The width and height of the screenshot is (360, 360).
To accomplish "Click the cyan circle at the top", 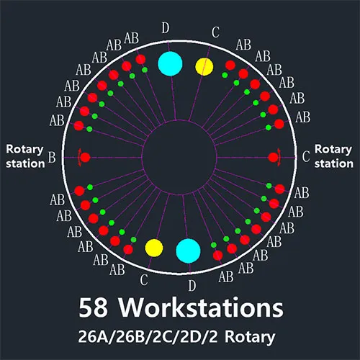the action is [170, 64].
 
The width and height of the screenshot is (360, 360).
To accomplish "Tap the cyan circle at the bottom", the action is [188, 251].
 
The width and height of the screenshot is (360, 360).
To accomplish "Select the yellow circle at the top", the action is [204, 67].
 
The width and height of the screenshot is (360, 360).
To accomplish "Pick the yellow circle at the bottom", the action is [154, 248].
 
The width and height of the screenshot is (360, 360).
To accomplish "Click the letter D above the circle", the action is [166, 28].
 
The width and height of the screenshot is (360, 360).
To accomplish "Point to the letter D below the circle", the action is [192, 286].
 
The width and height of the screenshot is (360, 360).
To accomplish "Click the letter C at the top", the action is [215, 32].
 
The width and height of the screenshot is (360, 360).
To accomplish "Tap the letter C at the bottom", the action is [144, 279].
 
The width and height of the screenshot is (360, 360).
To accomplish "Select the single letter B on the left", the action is [52, 157].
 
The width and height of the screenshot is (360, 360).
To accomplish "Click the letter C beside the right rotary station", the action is [305, 156].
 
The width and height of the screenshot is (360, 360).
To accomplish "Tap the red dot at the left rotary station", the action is [85, 158].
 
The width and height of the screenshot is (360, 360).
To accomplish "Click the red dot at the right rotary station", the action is [274, 158].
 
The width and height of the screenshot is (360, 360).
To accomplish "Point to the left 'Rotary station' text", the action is [25, 156].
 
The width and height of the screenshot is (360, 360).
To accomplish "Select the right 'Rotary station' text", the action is [333, 156].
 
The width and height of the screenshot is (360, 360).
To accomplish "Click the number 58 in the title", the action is [93, 307].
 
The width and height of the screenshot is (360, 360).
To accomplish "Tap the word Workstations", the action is [201, 307].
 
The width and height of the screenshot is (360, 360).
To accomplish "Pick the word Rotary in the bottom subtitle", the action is [250, 338].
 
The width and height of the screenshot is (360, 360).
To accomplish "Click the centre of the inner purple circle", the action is [179, 158].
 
